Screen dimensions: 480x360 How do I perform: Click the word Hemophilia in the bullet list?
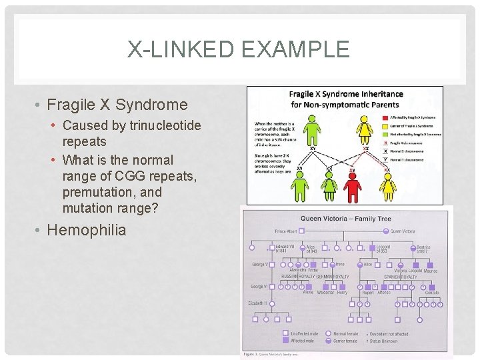(93, 231)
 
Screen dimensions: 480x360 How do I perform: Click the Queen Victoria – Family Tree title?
(346, 219)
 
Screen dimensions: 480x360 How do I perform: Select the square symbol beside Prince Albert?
(301, 231)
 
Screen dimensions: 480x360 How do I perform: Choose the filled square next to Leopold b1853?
(373, 248)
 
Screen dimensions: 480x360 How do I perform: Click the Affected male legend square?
(285, 341)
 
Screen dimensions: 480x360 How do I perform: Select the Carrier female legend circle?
(329, 341)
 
